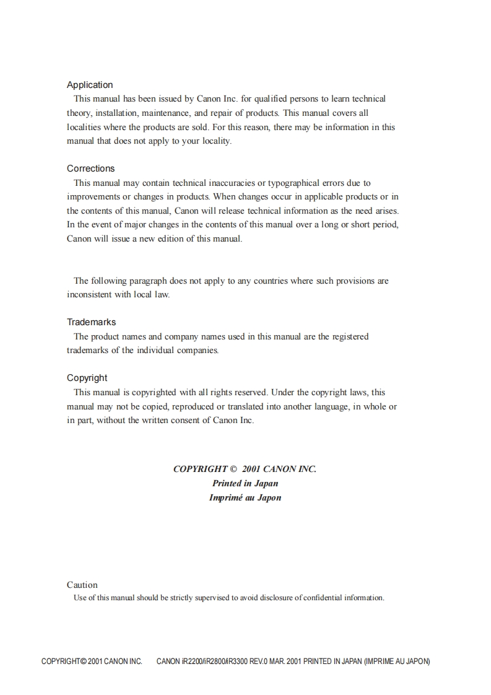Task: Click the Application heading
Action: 90,85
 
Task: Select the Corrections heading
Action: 90,168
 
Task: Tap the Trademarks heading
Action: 91,322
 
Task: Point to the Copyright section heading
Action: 87,378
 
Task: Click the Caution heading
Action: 82,585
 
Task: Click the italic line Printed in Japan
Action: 245,483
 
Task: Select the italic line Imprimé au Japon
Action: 245,497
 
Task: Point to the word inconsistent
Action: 89,294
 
